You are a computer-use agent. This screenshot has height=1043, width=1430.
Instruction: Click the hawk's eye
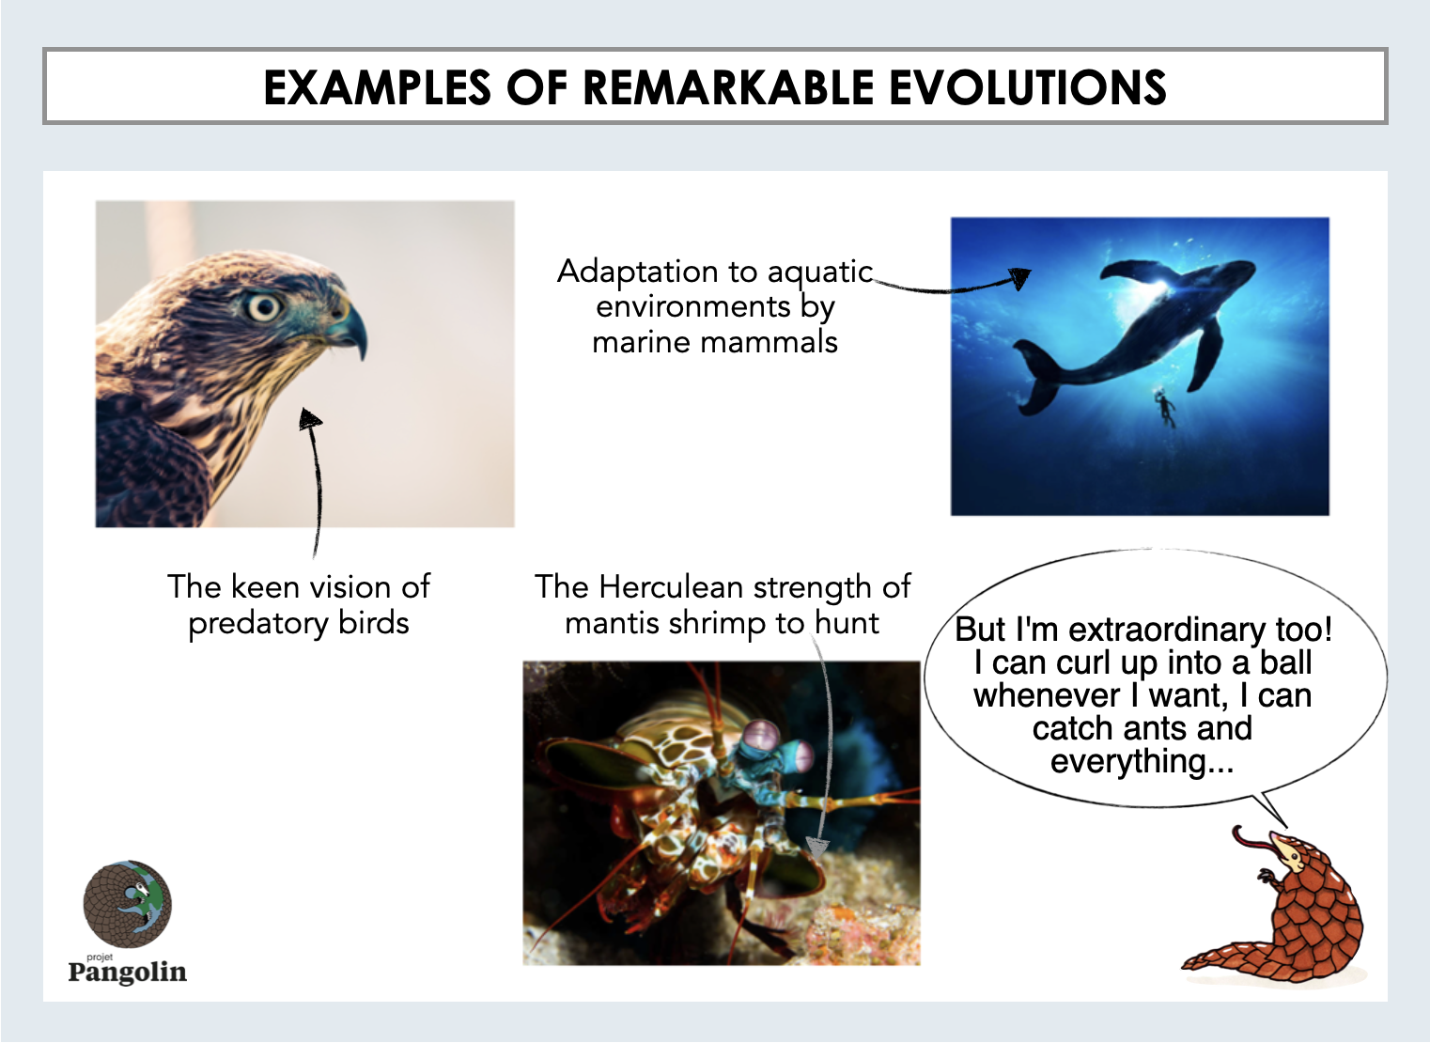click(x=264, y=307)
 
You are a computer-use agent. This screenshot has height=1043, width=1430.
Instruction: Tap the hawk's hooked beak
click(x=349, y=329)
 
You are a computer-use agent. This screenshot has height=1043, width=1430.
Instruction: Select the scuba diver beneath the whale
click(x=1165, y=408)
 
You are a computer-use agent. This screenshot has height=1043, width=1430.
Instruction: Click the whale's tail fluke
click(x=1037, y=377)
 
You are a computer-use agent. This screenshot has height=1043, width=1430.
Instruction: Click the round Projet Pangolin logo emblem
click(x=128, y=903)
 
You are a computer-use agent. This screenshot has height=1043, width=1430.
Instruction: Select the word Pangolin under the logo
click(x=128, y=973)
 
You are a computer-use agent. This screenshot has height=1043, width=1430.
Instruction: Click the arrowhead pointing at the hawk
click(x=310, y=419)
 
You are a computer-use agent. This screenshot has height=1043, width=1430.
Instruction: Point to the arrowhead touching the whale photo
click(x=1020, y=278)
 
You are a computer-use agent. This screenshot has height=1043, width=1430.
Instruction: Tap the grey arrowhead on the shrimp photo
click(x=817, y=848)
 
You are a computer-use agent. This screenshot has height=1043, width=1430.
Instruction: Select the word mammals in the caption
click(x=769, y=342)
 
